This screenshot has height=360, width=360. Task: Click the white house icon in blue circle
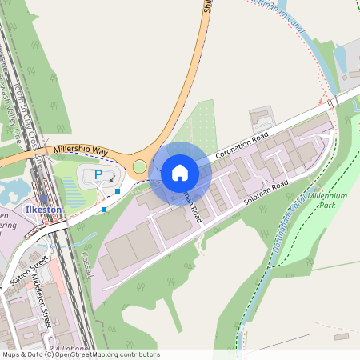pos(180,172)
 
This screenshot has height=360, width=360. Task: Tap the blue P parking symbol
pos(98,174)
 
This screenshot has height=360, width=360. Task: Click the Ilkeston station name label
pos(44,210)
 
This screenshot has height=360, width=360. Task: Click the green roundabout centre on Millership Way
pos(140,166)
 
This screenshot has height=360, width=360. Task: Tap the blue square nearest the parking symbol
pos(118,191)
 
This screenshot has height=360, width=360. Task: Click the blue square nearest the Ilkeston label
pos(104,210)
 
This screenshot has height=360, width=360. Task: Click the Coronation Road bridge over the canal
pos(330,103)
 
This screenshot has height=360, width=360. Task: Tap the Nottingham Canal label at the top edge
pos(276,10)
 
